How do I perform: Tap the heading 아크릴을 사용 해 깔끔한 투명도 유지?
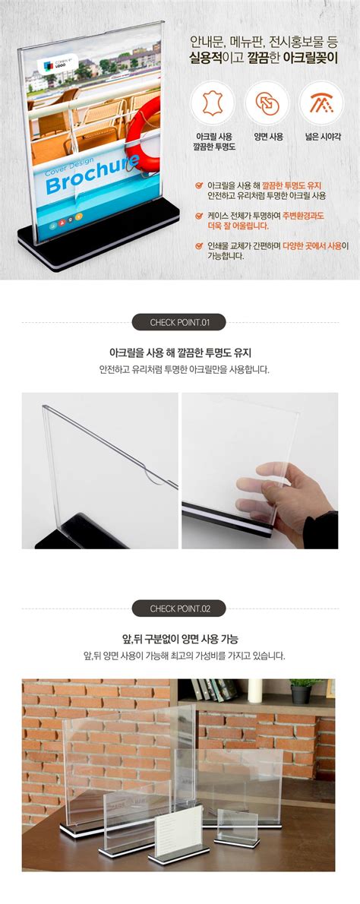click(180, 352)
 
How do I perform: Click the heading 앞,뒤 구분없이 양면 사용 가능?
click(180, 639)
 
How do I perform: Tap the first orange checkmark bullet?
click(199, 185)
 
